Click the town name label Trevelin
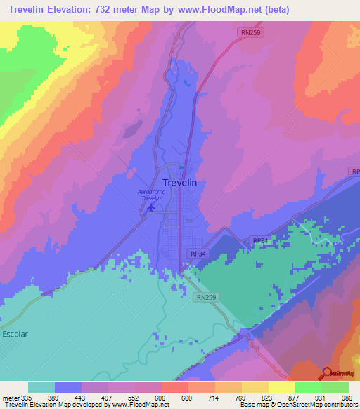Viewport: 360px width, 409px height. click(x=170, y=182)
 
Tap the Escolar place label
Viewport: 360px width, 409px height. click(x=15, y=334)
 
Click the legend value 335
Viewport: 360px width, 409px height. click(x=28, y=397)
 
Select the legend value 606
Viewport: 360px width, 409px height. click(x=161, y=397)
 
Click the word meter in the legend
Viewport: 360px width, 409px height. click(x=11, y=397)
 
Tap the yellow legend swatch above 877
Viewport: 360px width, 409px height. click(x=281, y=387)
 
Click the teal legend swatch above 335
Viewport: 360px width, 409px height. click(x=41, y=387)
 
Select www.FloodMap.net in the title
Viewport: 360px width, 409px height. click(x=222, y=10)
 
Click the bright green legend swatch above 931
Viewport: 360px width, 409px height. click(x=308, y=387)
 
